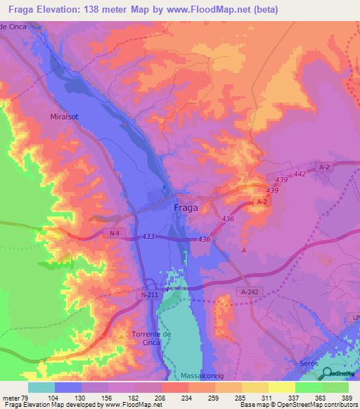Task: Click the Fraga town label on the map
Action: [185, 208]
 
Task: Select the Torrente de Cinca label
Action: [152, 337]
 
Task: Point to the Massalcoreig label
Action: [204, 376]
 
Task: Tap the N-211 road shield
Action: [148, 296]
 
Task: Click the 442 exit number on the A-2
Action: [301, 174]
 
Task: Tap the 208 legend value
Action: [160, 397]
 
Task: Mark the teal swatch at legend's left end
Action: [41, 387]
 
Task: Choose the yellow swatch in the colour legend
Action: [281, 387]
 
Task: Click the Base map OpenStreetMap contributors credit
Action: [297, 405]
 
